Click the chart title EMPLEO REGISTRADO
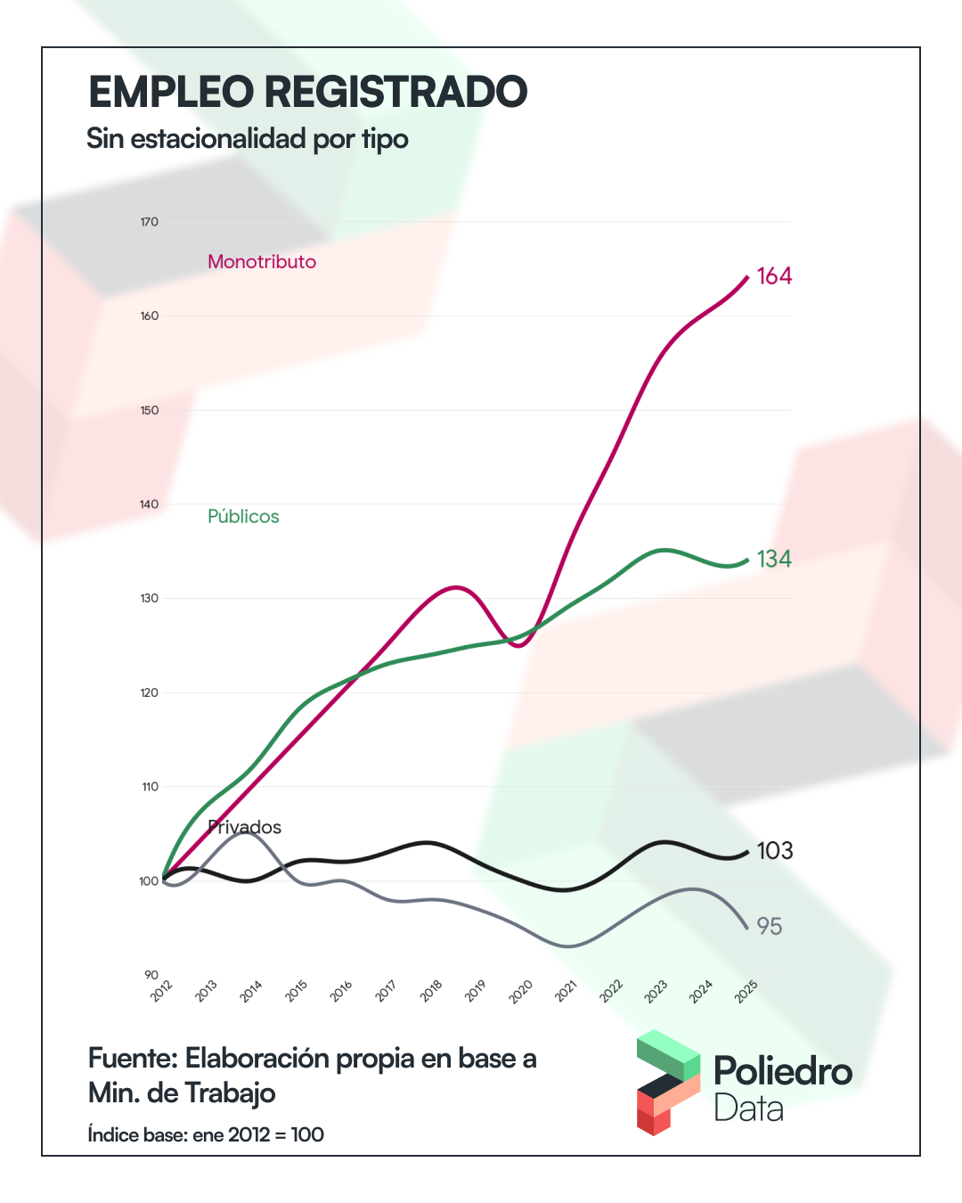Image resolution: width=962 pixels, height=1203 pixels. [x=308, y=92]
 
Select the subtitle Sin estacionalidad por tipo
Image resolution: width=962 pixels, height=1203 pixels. [x=248, y=139]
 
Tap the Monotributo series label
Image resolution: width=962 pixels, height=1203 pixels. [x=262, y=262]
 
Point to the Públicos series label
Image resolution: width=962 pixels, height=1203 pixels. [x=243, y=517]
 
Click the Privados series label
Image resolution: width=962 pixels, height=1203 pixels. [x=245, y=828]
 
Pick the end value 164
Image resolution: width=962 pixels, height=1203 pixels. [x=774, y=276]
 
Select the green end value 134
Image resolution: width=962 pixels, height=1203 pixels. [x=774, y=559]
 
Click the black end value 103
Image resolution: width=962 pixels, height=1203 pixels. [x=775, y=851]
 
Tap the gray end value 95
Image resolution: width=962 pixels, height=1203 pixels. [x=770, y=927]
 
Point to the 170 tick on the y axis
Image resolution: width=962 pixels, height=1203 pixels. [x=149, y=222]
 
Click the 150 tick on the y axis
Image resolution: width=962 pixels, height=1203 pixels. [x=149, y=411]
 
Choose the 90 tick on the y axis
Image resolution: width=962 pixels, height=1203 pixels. [x=151, y=975]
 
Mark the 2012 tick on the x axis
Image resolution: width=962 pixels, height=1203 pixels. [x=162, y=991]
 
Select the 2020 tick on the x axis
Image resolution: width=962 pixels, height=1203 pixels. [x=521, y=991]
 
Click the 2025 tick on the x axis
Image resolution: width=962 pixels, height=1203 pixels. [x=746, y=991]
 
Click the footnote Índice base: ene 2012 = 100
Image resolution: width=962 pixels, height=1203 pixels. [x=206, y=1135]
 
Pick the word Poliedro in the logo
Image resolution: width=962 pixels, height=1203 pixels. [x=783, y=1071]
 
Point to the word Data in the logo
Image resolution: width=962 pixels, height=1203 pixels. [x=749, y=1109]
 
